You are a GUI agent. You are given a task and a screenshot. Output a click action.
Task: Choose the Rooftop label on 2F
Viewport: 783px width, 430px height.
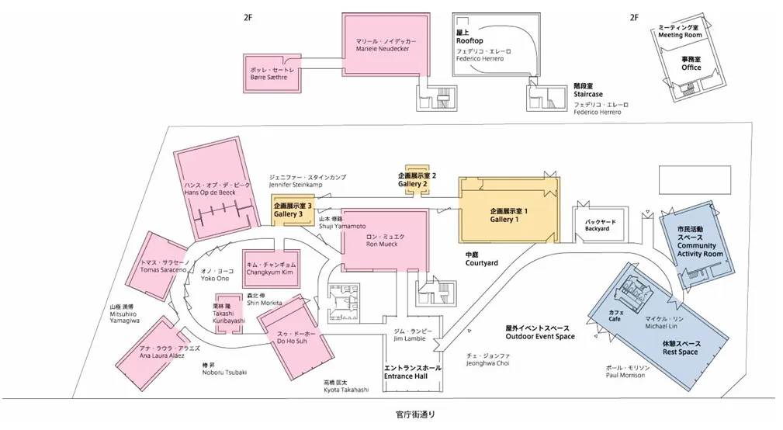pos(469,40)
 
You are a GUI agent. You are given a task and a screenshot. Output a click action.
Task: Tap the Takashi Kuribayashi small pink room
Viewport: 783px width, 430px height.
pos(228,312)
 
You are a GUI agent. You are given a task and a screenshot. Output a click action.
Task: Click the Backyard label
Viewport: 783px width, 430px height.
pos(597,225)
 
